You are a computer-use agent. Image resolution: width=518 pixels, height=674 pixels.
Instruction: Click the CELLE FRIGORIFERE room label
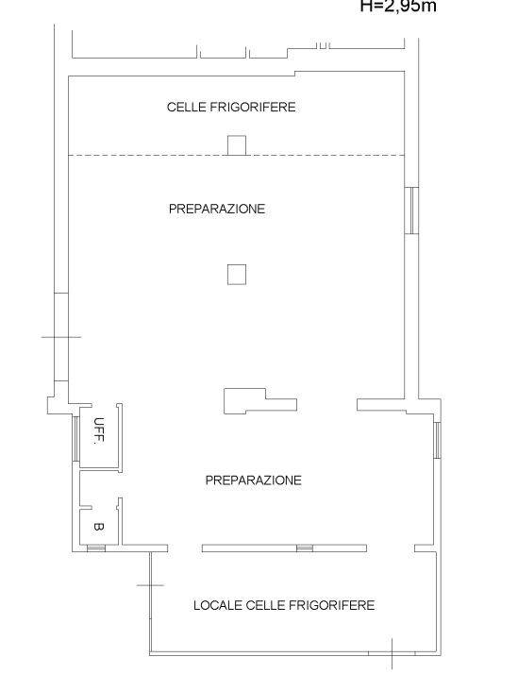[231, 108]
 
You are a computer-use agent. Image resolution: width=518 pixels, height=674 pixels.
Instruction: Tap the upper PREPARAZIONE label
[217, 209]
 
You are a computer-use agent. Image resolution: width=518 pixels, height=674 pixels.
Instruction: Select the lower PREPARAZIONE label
[254, 480]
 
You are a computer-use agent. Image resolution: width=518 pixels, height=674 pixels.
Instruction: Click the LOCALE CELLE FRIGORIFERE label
[284, 605]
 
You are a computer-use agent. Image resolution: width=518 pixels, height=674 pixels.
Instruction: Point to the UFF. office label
[98, 432]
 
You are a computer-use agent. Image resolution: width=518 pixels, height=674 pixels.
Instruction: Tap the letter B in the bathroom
[98, 526]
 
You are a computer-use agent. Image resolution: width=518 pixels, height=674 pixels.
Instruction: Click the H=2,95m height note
[398, 7]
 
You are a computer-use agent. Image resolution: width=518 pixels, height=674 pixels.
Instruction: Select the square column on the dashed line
[237, 145]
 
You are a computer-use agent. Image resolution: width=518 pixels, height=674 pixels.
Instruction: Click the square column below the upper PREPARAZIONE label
[237, 275]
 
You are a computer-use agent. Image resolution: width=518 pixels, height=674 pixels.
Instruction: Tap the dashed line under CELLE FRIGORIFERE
[142, 156]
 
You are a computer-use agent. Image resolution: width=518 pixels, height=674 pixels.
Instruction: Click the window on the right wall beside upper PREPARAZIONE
[410, 210]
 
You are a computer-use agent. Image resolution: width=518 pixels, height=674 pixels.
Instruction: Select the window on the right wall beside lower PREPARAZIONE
[438, 441]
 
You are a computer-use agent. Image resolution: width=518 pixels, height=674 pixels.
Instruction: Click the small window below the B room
[96, 548]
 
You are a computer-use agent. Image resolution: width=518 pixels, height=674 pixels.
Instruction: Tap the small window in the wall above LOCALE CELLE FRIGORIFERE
[304, 548]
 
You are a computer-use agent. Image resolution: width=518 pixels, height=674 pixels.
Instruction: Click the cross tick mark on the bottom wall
[393, 652]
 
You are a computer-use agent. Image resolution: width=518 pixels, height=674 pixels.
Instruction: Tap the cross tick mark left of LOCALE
[150, 586]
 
